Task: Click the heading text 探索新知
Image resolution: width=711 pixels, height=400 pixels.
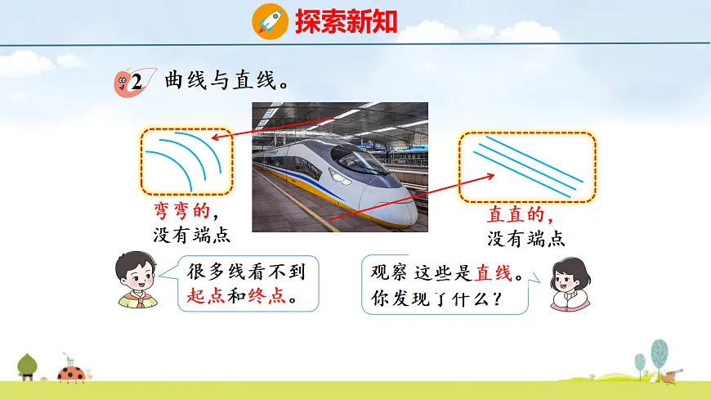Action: (x=346, y=21)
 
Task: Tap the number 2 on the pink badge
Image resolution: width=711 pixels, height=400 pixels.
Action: (x=136, y=81)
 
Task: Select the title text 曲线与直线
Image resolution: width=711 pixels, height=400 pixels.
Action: (x=228, y=81)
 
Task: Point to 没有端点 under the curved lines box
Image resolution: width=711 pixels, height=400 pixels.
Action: (x=191, y=236)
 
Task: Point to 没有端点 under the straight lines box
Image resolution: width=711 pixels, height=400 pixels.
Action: (x=526, y=238)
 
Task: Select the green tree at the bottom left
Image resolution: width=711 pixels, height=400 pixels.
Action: (x=29, y=363)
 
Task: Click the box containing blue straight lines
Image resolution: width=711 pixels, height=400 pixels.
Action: (x=526, y=166)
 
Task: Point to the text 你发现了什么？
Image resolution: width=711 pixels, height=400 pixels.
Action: (x=436, y=299)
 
